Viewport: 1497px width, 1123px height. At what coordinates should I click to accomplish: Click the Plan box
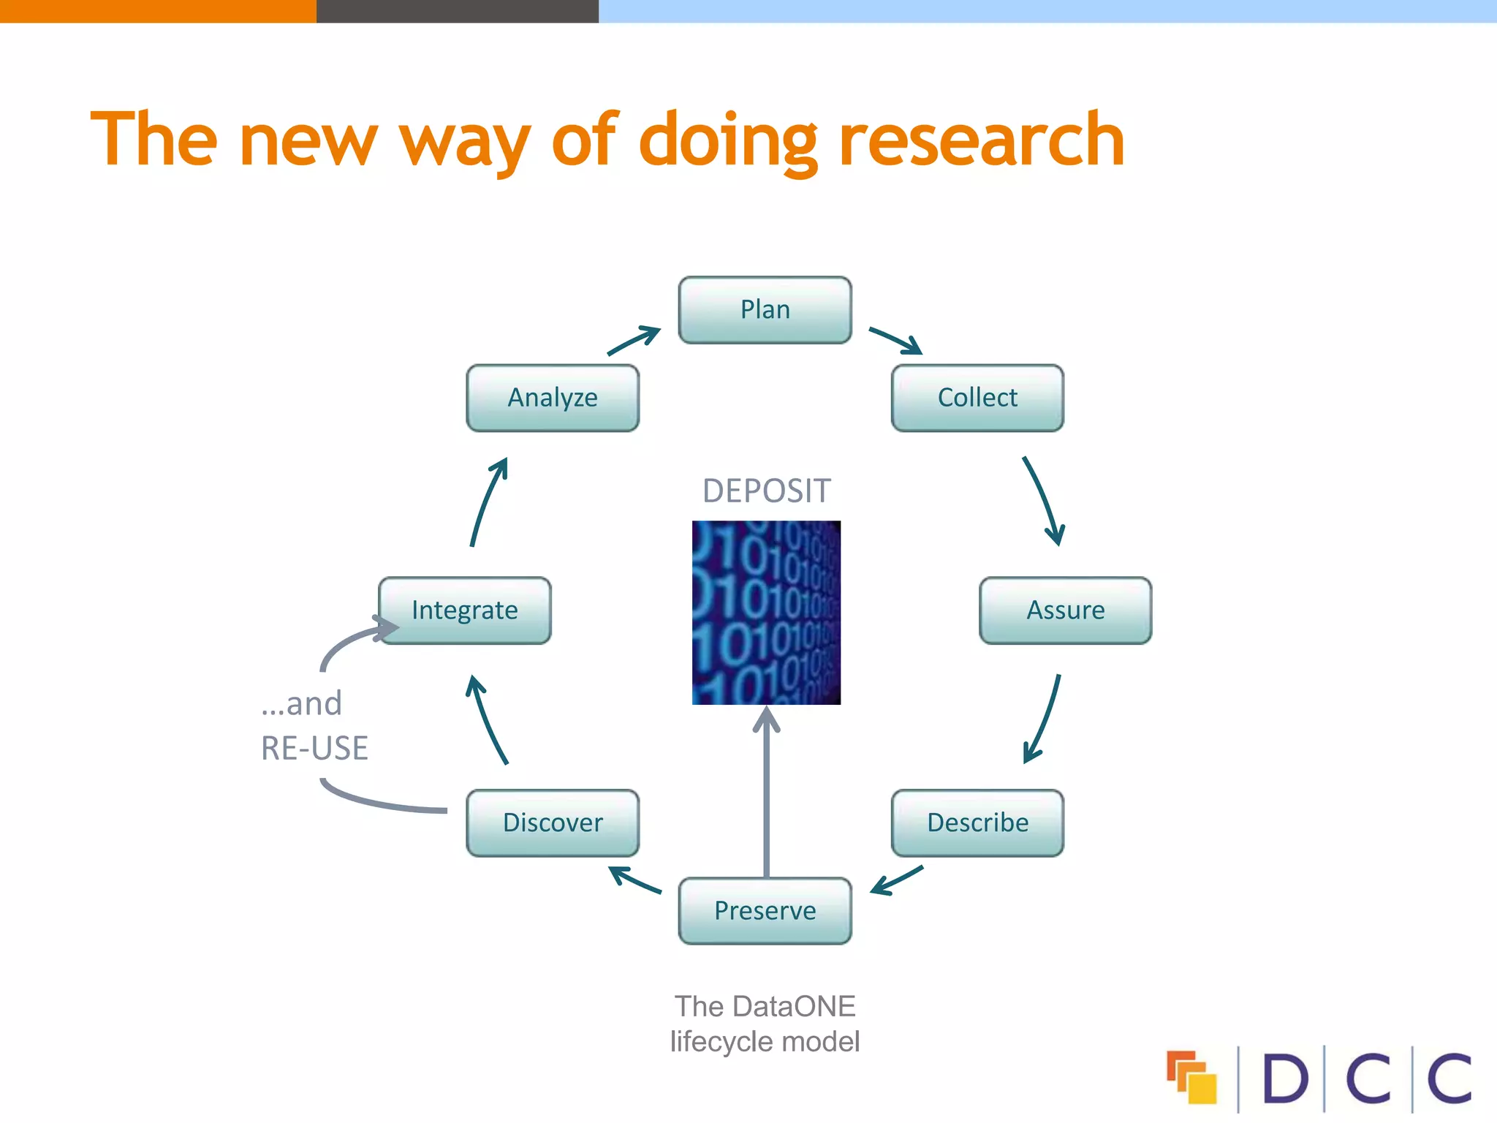765,310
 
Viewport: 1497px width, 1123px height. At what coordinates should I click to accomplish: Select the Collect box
977,398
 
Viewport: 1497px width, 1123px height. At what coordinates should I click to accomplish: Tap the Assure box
1065,610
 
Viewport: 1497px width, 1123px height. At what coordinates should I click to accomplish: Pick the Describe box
977,823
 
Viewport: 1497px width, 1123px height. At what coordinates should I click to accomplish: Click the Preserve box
765,911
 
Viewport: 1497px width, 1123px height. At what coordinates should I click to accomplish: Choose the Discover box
553,823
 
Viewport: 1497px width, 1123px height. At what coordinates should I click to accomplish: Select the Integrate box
465,610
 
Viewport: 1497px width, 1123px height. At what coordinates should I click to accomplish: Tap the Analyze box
553,398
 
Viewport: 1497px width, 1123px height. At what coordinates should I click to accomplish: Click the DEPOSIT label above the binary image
766,491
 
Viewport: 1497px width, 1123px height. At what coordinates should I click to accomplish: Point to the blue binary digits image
766,613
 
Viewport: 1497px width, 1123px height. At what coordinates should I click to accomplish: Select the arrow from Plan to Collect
896,341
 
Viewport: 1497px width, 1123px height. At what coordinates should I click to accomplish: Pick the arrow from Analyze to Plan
634,341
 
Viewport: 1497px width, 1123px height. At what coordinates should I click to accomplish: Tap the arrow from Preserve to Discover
634,880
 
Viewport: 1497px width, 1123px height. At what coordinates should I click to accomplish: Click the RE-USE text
314,749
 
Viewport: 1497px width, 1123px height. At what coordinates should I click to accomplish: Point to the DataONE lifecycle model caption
765,1024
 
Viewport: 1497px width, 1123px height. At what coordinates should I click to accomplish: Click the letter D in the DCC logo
1284,1078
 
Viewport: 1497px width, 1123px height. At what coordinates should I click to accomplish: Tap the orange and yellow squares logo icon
1191,1077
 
